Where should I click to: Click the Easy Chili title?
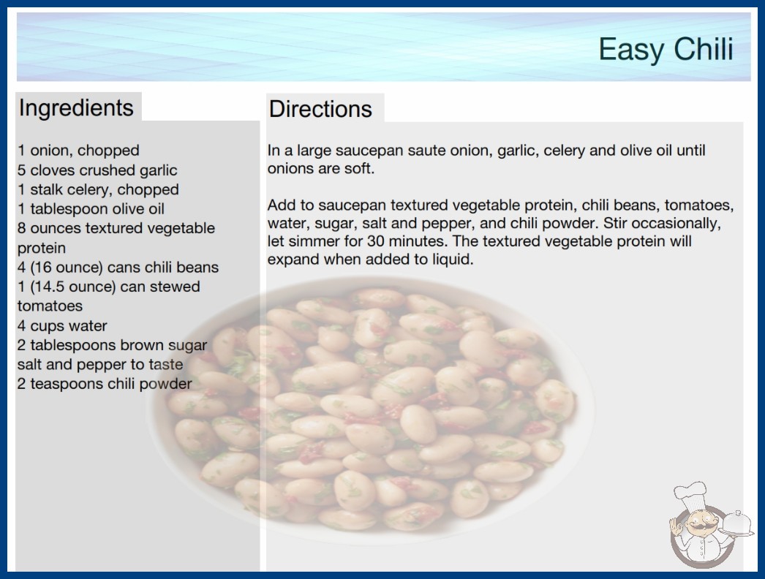click(x=666, y=49)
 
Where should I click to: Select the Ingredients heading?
click(x=76, y=108)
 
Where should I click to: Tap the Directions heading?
click(x=320, y=109)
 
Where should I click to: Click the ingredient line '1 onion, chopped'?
click(x=78, y=151)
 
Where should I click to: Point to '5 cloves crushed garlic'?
click(x=97, y=170)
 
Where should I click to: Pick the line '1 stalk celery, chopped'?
click(x=98, y=189)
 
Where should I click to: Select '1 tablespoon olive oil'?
click(x=91, y=209)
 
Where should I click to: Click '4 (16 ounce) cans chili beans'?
click(x=118, y=268)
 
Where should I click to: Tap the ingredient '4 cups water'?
click(x=62, y=325)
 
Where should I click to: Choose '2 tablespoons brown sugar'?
click(x=112, y=345)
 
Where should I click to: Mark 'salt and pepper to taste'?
click(x=100, y=364)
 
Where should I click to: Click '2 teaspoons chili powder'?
click(x=105, y=384)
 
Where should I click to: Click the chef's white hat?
click(x=690, y=495)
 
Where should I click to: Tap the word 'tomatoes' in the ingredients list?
click(x=50, y=306)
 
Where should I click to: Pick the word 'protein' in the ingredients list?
click(x=42, y=249)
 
